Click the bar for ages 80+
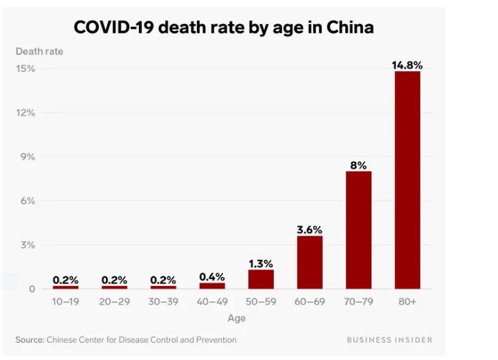tap(407, 180)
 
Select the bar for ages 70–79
tap(358, 229)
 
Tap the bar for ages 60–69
tap(310, 262)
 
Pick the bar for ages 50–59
tap(261, 279)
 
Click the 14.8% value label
tap(407, 65)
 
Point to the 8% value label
tap(358, 165)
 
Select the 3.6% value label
tap(310, 230)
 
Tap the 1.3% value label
tap(261, 263)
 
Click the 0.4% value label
tap(212, 277)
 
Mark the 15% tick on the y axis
tap(26, 68)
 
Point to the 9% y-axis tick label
tap(27, 157)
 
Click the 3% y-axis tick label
tap(27, 245)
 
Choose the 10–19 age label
tap(66, 302)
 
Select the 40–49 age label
tap(212, 302)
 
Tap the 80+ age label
tap(407, 302)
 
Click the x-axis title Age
tap(237, 319)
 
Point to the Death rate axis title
tap(39, 51)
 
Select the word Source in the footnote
tap(30, 340)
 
